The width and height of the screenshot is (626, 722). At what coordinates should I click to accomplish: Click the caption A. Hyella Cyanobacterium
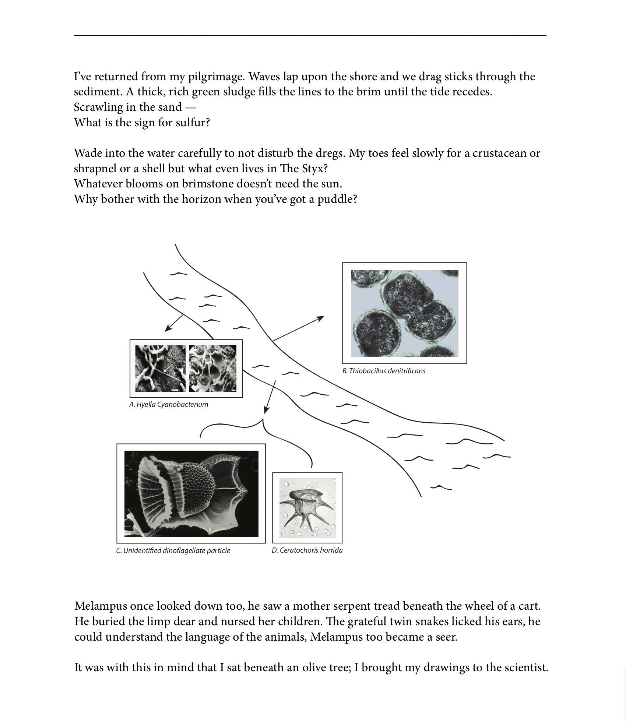pos(169,404)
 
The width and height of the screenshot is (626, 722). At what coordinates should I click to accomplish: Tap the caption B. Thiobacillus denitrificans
pos(384,371)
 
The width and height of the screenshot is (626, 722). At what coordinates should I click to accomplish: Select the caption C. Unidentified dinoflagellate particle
pos(173,550)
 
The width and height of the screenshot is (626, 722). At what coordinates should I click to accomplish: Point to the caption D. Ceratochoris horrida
pos(307,550)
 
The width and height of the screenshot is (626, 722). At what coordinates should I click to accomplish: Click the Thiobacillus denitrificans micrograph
pos(404,313)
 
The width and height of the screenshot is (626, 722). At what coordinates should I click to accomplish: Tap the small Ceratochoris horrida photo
pos(307,508)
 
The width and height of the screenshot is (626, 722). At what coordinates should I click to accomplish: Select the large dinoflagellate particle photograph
pos(191,493)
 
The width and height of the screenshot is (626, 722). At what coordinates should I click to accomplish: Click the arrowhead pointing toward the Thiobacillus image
pos(320,318)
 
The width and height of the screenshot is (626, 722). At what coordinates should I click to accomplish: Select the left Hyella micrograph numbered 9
pos(161,369)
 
